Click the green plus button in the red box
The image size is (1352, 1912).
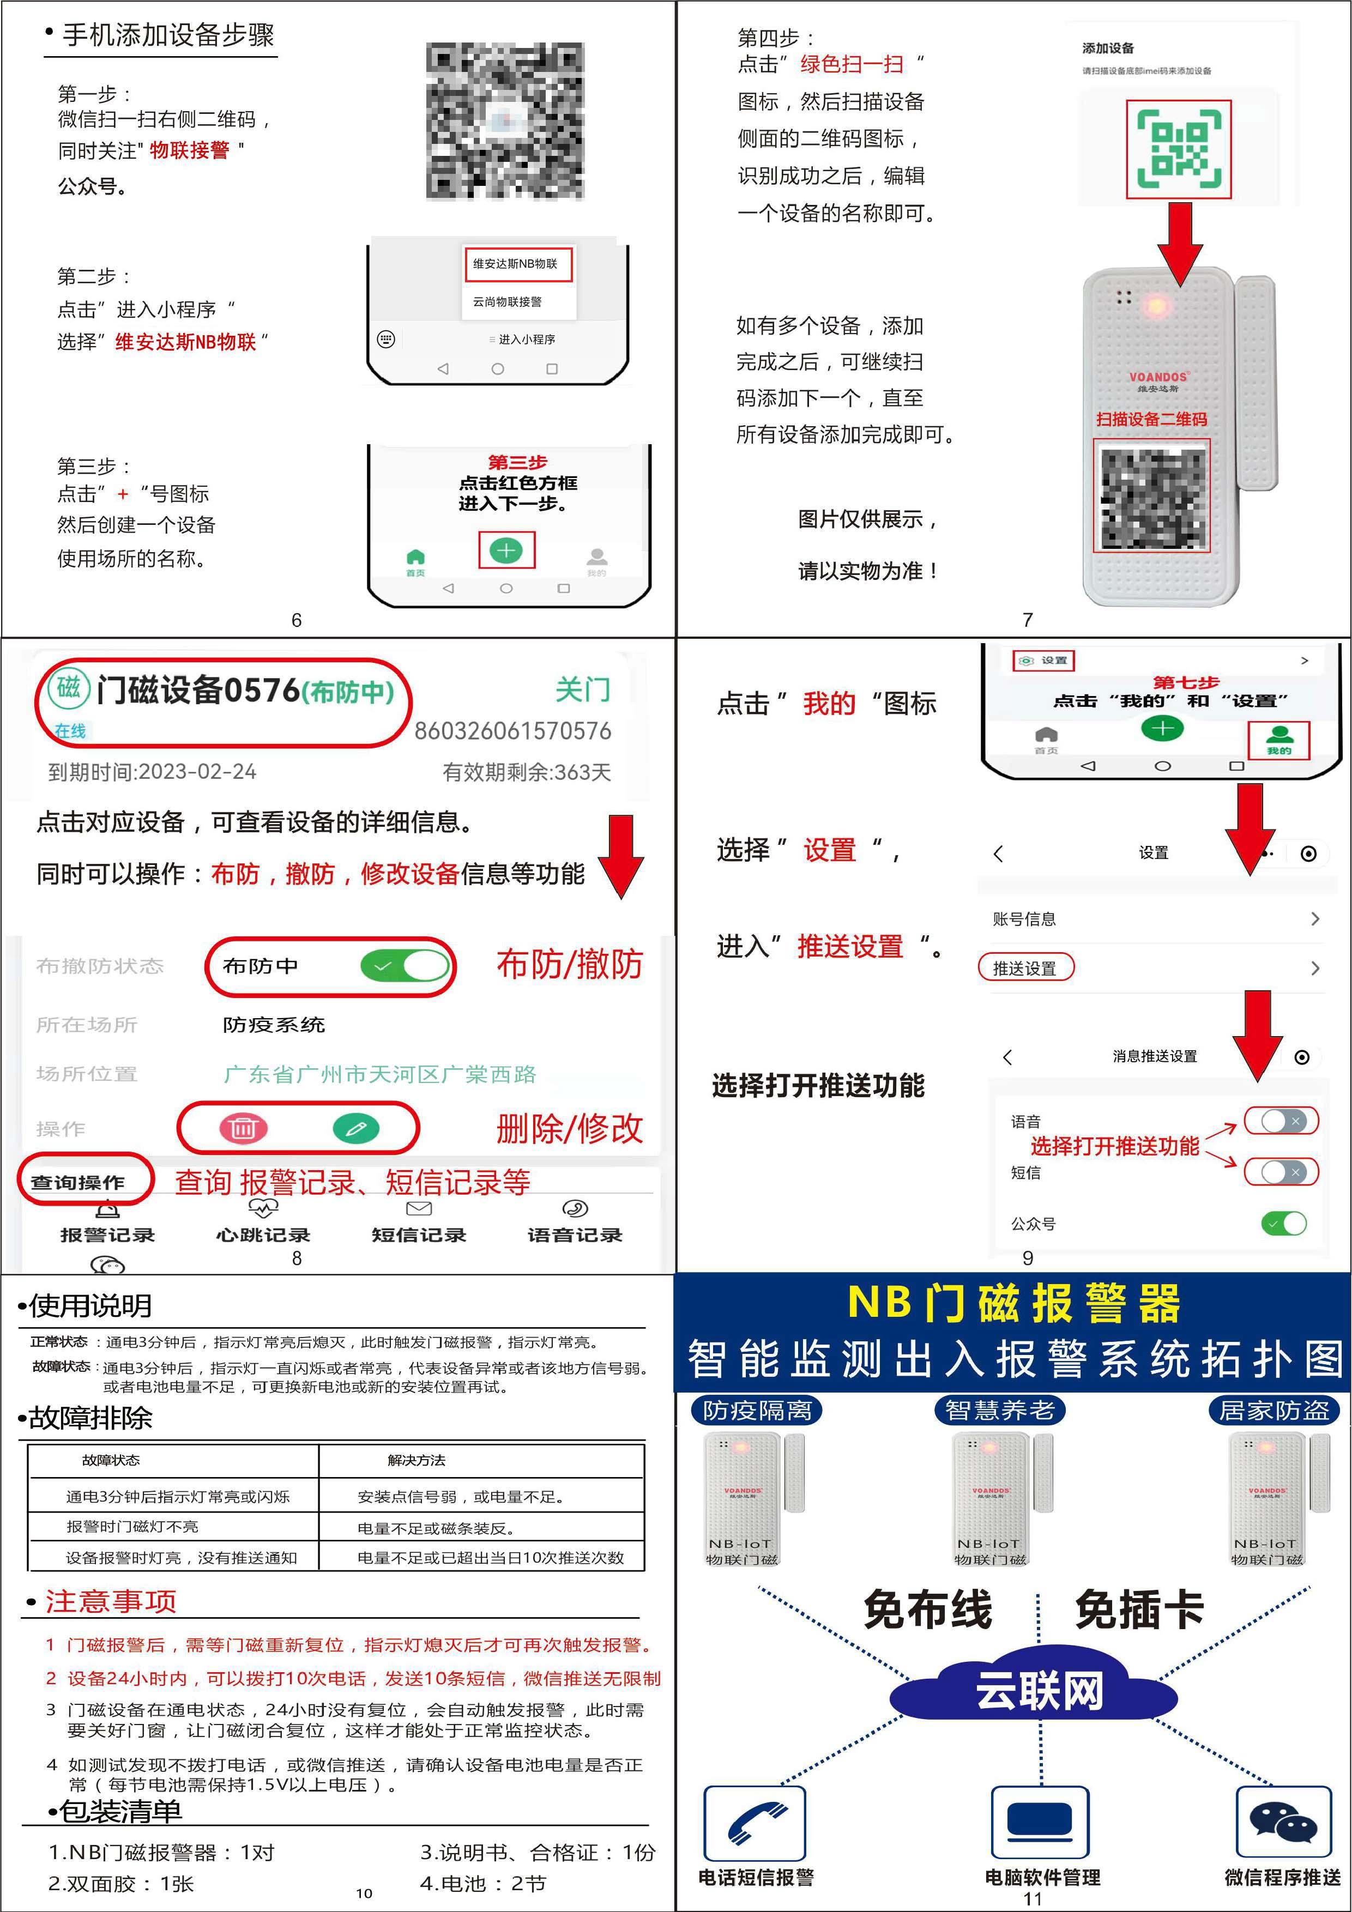[506, 550]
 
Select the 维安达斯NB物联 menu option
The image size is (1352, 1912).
[516, 264]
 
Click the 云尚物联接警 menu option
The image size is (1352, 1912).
[508, 301]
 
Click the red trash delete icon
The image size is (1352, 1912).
[243, 1128]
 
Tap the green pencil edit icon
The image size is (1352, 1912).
[355, 1128]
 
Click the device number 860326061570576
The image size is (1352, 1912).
[512, 731]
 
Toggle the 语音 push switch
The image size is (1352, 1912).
[1281, 1121]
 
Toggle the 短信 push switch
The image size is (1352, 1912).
[1281, 1172]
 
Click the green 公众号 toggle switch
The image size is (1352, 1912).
[1284, 1223]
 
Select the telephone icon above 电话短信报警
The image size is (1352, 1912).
[755, 1824]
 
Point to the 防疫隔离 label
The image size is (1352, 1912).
[756, 1410]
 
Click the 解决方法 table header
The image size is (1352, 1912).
[417, 1461]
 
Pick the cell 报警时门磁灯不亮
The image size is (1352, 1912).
[132, 1527]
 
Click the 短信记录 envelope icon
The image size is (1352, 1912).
[418, 1208]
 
